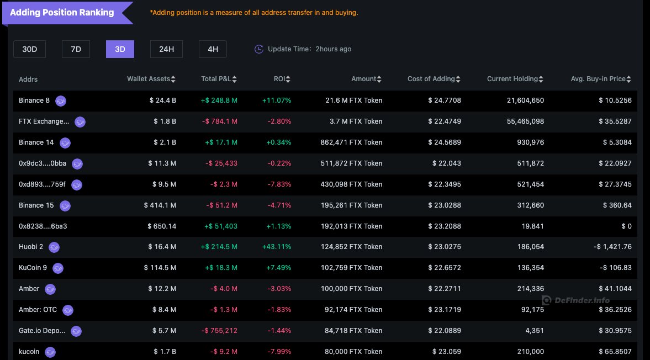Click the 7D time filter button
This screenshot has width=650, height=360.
[76, 49]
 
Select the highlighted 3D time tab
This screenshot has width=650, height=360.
[120, 49]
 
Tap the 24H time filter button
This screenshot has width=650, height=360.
[166, 49]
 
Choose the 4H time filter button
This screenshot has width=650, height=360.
[213, 49]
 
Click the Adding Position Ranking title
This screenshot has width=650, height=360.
[62, 12]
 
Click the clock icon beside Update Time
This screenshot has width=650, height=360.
[259, 49]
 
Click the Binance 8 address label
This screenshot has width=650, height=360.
[34, 100]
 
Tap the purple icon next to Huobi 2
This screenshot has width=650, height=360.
[54, 247]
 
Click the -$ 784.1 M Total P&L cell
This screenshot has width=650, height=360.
[219, 121]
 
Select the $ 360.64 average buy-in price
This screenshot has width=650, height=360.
[615, 205]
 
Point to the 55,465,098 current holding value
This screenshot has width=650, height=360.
[525, 121]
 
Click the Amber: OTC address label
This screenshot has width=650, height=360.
[38, 310]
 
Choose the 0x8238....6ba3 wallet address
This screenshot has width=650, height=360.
[43, 226]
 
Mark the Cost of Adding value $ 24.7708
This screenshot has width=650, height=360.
[445, 100]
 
